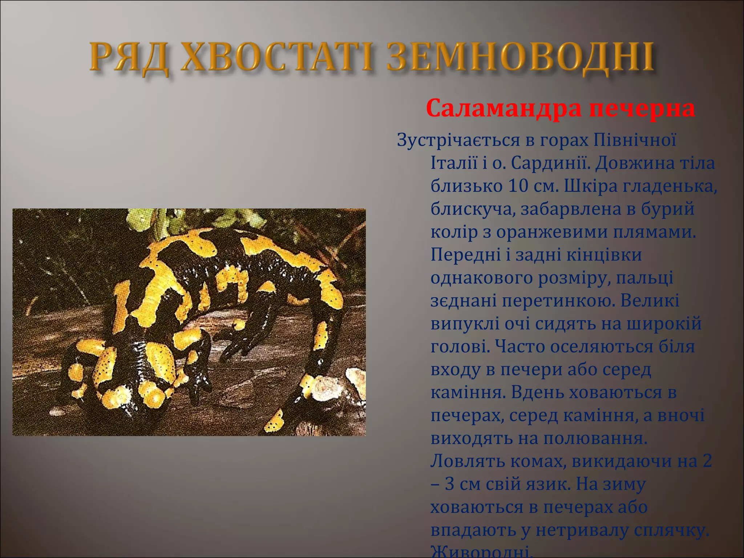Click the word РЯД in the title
(129, 58)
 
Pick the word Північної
(635, 140)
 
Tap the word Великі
(650, 301)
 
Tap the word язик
(545, 485)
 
